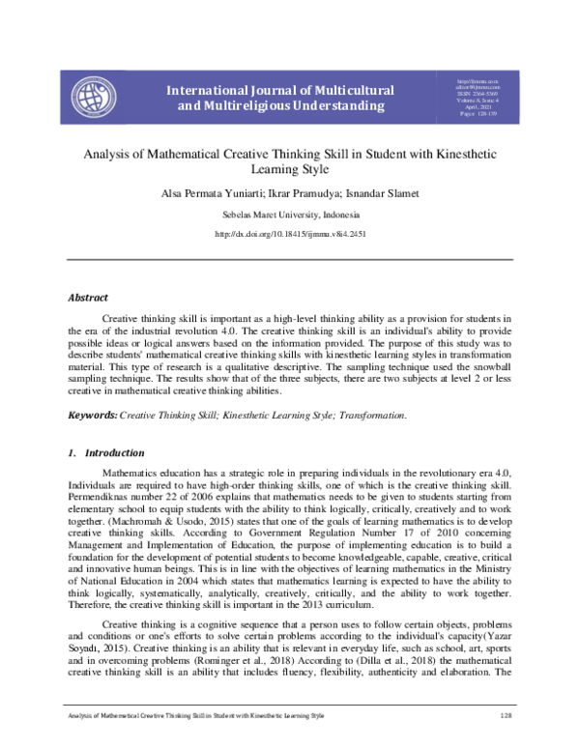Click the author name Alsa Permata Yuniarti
click(197, 195)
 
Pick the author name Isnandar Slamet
click(370, 195)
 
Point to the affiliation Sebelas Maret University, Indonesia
click(289, 216)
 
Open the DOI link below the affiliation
click(289, 235)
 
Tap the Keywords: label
click(91, 415)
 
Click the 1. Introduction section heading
click(105, 452)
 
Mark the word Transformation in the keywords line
click(373, 415)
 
